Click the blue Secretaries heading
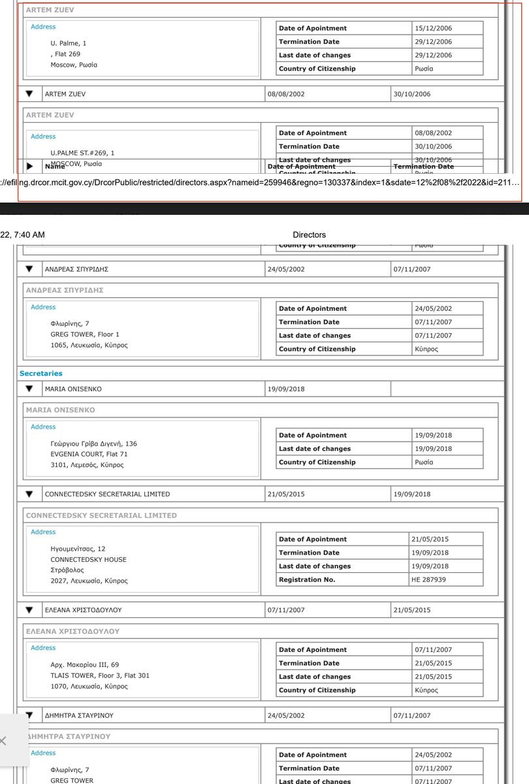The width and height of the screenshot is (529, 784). tap(41, 374)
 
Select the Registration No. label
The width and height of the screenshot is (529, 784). tap(306, 580)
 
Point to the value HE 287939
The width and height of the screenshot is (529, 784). tap(428, 580)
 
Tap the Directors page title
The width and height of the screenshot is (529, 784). tap(309, 235)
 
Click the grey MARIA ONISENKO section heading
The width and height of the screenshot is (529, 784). tap(60, 410)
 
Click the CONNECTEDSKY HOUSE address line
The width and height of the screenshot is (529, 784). tap(88, 559)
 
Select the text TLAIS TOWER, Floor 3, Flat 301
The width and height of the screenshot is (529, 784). tap(100, 676)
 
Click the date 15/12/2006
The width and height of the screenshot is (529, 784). tap(433, 28)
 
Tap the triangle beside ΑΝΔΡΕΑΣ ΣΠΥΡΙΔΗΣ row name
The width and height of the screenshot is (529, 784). tap(29, 269)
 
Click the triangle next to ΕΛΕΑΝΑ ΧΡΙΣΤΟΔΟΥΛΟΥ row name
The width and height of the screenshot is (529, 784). tap(29, 610)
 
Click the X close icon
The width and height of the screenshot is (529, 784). tap(3, 741)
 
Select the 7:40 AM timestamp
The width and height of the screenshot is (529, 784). tap(24, 235)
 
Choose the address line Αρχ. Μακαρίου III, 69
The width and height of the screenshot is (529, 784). tap(85, 664)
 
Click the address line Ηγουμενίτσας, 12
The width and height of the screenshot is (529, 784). tap(78, 549)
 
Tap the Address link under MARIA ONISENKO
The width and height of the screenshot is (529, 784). tap(43, 427)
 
